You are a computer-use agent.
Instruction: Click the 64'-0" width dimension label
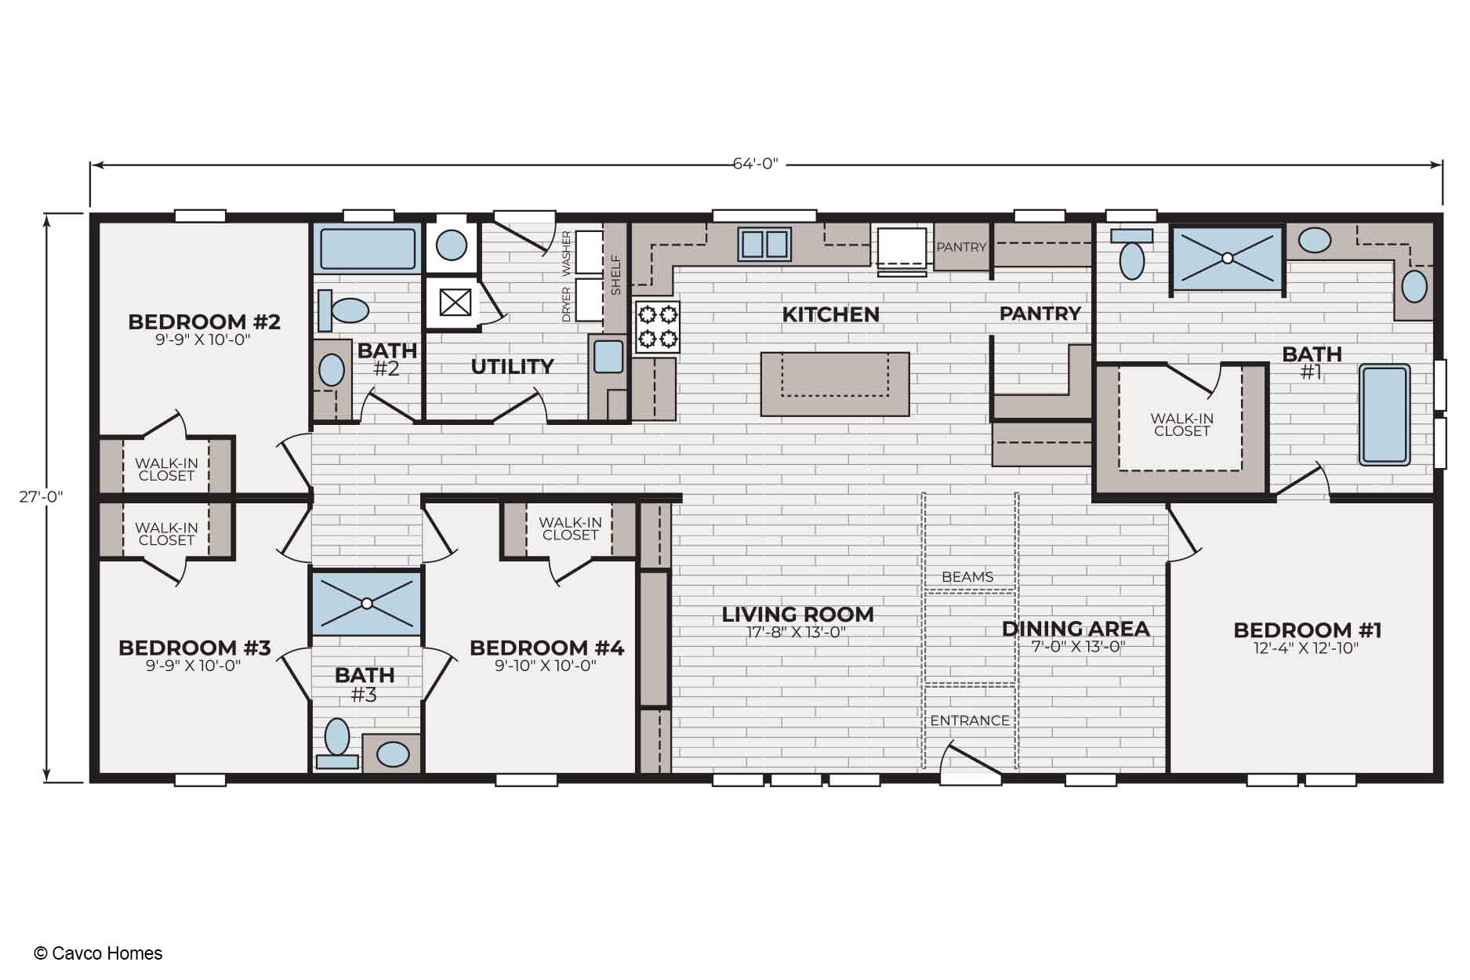tap(755, 164)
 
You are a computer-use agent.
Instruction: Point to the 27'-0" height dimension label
tap(41, 496)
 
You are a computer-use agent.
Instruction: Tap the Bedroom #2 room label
tap(204, 322)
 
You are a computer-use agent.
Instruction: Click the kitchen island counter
tap(835, 383)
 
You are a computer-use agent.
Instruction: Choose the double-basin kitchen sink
tap(764, 244)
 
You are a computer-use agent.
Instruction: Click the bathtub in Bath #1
tap(1385, 415)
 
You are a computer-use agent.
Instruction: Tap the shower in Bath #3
tap(366, 603)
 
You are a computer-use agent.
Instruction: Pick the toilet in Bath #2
tap(343, 310)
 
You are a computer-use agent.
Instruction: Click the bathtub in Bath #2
tap(368, 247)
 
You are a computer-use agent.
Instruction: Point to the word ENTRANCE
tap(970, 720)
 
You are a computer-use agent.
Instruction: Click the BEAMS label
tap(967, 577)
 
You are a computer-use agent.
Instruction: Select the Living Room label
tap(797, 615)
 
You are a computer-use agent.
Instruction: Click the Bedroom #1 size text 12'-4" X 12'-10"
tap(1306, 648)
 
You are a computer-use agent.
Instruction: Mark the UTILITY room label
tap(512, 367)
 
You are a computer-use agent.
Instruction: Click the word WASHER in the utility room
tap(567, 252)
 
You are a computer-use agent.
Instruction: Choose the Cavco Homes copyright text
tap(98, 953)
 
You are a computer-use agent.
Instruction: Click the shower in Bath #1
tap(1227, 258)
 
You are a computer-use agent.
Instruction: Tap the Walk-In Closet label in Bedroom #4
tap(570, 528)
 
